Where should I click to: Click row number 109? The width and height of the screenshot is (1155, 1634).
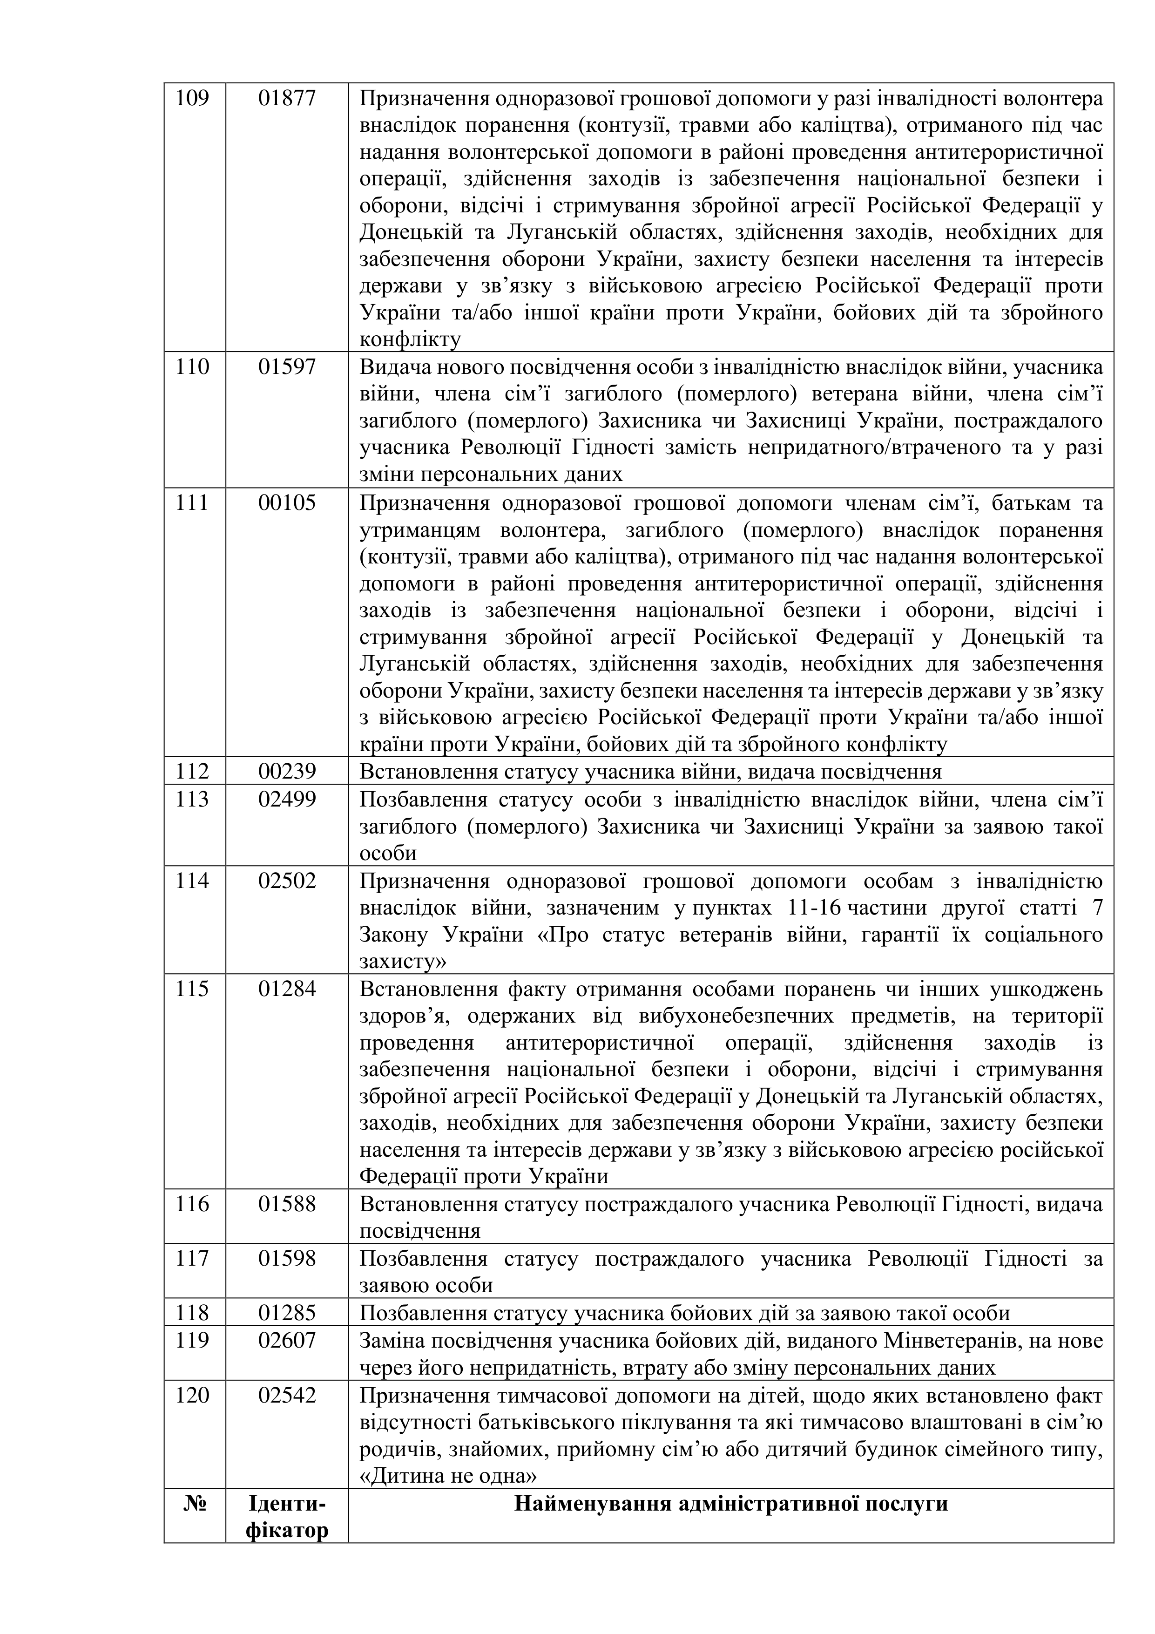[x=192, y=97]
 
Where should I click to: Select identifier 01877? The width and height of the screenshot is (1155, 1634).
[x=287, y=97]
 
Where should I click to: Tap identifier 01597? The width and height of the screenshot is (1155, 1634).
[x=287, y=367]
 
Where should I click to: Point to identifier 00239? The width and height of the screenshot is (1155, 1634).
[x=287, y=772]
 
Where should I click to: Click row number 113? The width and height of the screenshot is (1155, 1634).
[x=192, y=799]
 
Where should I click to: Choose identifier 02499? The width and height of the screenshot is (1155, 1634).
[x=287, y=799]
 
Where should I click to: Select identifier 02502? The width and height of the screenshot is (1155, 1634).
[x=287, y=881]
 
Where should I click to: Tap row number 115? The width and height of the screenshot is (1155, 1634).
[x=192, y=989]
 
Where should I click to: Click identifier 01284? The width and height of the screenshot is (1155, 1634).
[x=287, y=989]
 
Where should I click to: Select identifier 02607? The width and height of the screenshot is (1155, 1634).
[x=287, y=1340]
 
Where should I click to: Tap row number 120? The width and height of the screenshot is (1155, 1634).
[x=192, y=1394]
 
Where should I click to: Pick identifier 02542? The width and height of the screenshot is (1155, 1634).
[x=287, y=1394]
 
